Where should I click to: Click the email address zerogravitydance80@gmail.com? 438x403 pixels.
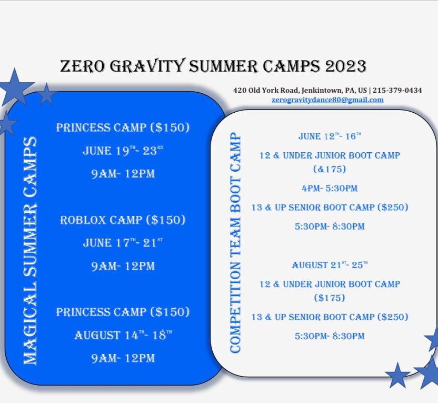tap(327, 100)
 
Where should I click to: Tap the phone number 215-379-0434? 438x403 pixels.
tap(397, 90)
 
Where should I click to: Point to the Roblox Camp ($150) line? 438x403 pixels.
tap(123, 220)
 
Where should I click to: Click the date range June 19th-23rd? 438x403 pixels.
tap(123, 151)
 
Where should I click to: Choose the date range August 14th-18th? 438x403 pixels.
tap(123, 335)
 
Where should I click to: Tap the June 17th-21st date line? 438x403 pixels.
tap(123, 242)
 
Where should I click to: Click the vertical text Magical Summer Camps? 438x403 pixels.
tap(30, 250)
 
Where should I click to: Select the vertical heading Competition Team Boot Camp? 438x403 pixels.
tap(235, 242)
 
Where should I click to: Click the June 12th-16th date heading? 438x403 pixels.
tap(330, 136)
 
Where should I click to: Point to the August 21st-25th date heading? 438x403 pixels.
tap(330, 265)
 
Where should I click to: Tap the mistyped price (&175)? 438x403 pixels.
tap(330, 169)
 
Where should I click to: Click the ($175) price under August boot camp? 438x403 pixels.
tap(330, 298)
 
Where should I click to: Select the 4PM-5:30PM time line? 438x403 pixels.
tap(330, 188)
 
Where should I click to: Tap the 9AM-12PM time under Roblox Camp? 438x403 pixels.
tap(123, 266)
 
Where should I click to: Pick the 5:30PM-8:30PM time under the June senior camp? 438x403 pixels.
tap(330, 226)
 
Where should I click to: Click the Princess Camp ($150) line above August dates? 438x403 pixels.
tap(123, 312)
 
